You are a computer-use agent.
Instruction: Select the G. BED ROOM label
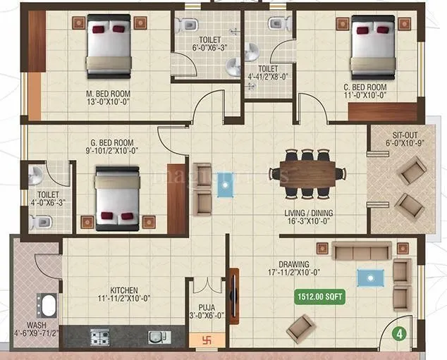tap(109, 149)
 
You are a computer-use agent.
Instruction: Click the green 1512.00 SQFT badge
tap(320, 297)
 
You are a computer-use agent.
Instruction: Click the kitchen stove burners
tap(99, 337)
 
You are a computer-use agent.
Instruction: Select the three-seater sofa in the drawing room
tap(362, 251)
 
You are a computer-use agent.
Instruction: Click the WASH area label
tap(37, 325)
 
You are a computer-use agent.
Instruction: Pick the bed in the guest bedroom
tap(117, 197)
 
